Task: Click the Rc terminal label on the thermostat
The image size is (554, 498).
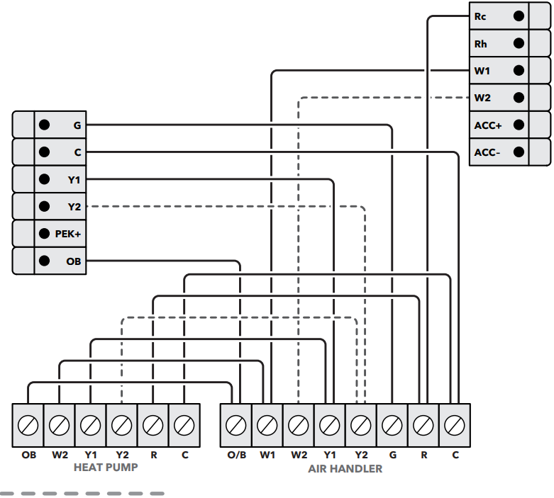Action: point(480,16)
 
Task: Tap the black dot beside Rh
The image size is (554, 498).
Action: point(519,43)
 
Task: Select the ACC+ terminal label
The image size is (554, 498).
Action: point(488,125)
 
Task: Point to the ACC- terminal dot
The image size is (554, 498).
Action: point(519,152)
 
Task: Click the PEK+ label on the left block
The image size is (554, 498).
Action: point(68,234)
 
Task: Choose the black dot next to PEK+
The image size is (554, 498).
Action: point(44,233)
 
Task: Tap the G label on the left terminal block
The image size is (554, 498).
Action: point(77,125)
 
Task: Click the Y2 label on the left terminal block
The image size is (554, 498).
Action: point(74,207)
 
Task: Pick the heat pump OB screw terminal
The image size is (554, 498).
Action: point(28,425)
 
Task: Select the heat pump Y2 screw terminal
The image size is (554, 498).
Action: point(121,425)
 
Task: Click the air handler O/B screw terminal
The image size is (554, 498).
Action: point(236,425)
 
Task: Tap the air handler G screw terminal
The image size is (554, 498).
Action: point(392,425)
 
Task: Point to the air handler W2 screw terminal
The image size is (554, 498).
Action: point(298,425)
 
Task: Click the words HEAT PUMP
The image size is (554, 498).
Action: point(106,468)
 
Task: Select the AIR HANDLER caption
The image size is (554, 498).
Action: point(345,469)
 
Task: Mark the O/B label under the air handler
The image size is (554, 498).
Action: point(237,455)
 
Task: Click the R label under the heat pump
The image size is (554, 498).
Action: point(154,455)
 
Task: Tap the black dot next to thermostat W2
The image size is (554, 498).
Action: point(519,98)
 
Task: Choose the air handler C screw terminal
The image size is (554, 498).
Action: point(455,425)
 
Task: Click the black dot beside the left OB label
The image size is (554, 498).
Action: point(44,261)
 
